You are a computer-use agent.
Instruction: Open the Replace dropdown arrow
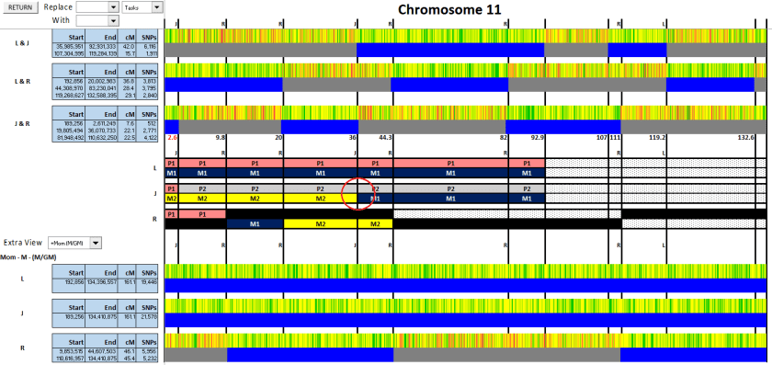coord(114,6)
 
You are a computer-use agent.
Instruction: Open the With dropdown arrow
coord(114,19)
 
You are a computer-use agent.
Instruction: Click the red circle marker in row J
coord(357,194)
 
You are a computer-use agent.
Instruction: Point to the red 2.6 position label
coord(173,137)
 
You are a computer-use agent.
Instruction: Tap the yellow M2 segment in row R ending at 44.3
coord(375,223)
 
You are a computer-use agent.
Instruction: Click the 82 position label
coord(504,137)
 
